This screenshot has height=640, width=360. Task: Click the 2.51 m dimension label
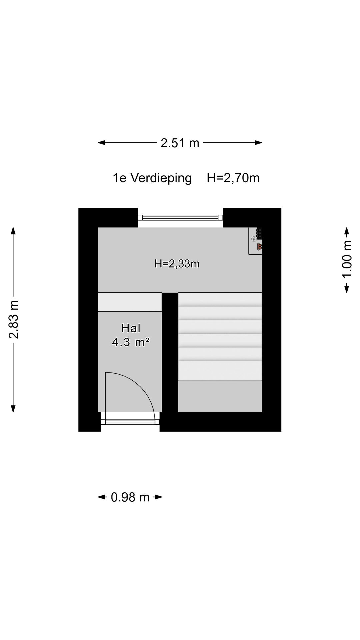click(x=180, y=143)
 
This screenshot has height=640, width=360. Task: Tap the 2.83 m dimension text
click(x=14, y=319)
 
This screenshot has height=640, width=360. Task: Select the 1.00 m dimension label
click(x=347, y=260)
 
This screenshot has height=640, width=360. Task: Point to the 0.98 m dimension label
click(x=130, y=497)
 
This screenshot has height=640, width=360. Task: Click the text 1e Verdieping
click(x=152, y=178)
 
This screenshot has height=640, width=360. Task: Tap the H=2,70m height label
click(x=233, y=178)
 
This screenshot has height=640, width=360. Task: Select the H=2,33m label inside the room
click(x=177, y=264)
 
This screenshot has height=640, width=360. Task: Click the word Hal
click(x=131, y=328)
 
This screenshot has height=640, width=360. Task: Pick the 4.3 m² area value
click(x=131, y=342)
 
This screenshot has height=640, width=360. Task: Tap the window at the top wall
click(x=180, y=218)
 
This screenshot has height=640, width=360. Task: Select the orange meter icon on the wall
click(x=259, y=247)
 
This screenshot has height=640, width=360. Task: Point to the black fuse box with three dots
click(x=259, y=233)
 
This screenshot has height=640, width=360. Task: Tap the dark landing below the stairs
click(x=220, y=396)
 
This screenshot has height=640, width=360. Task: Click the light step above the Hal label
click(x=130, y=302)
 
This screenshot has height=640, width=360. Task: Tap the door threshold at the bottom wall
click(x=130, y=422)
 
